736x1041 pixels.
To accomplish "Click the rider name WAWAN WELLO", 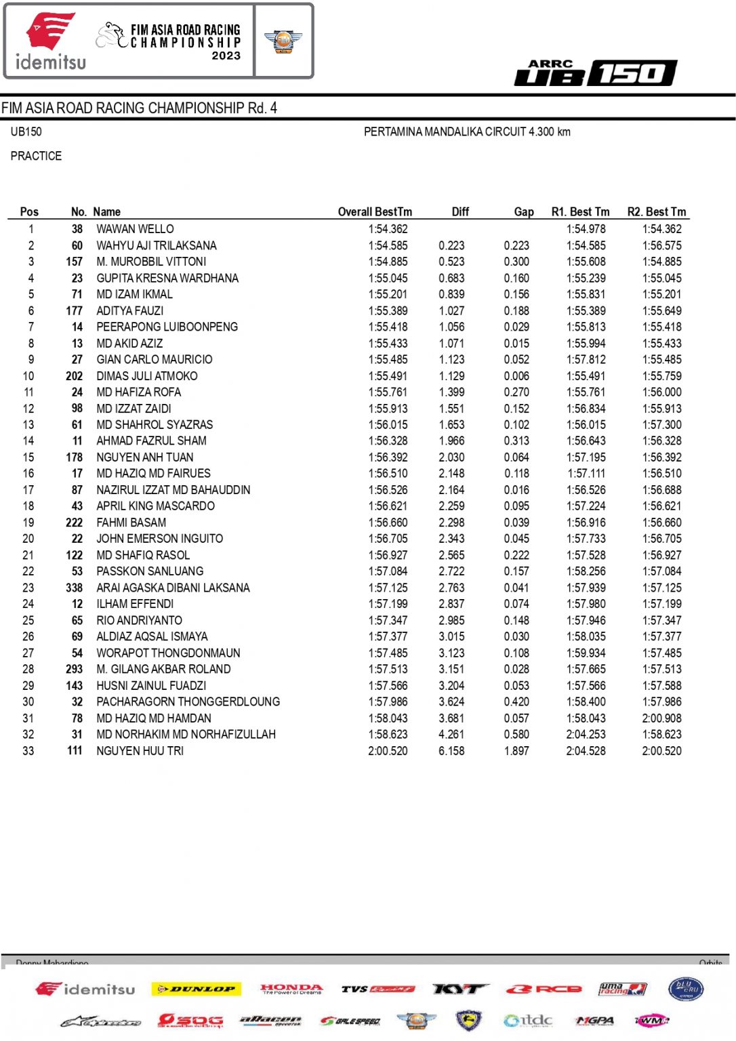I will [x=135, y=229].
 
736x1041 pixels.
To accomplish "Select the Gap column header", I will [x=523, y=212].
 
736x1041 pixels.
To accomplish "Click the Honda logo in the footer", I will [x=291, y=989].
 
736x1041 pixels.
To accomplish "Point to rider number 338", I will [x=75, y=588].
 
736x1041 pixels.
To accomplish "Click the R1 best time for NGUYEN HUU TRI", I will [x=586, y=751].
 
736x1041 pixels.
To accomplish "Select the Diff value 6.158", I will [x=451, y=751].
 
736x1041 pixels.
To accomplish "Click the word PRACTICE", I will [x=36, y=156].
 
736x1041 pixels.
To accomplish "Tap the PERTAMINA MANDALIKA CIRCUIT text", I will [x=467, y=131].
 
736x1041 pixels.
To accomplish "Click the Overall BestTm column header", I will [x=375, y=212].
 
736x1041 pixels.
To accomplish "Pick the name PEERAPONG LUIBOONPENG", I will [x=167, y=327].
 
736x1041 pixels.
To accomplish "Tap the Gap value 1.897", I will [x=516, y=751].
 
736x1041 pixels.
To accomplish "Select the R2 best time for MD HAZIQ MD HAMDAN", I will [x=661, y=718].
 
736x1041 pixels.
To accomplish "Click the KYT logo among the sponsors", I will [x=459, y=989].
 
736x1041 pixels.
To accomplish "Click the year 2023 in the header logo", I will [x=226, y=56].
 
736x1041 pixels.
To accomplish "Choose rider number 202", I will [x=75, y=376].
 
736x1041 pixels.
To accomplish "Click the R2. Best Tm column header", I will [x=656, y=212].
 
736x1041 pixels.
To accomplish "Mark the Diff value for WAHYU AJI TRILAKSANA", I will [x=451, y=245].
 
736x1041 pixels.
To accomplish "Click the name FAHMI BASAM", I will [x=131, y=523].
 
